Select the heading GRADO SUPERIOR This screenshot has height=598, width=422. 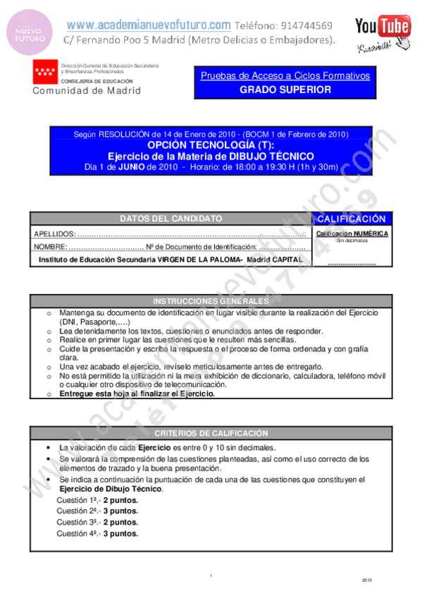[285, 90]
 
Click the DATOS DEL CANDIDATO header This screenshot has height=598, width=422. [170, 219]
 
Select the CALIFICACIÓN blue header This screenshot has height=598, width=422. [352, 219]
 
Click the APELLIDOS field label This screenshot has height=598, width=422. [54, 234]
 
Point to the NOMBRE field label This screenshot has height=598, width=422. [50, 247]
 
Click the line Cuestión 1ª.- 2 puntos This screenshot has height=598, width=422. [97, 500]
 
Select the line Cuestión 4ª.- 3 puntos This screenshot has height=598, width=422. [97, 534]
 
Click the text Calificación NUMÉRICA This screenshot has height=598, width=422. [352, 233]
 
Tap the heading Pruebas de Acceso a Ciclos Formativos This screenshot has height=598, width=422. [285, 75]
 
